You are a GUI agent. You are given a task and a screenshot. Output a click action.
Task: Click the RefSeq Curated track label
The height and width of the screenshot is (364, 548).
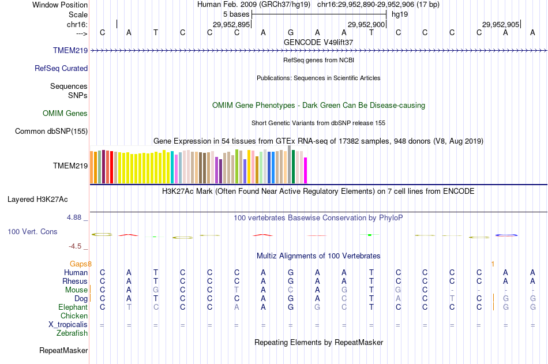pyautogui.click(x=61, y=68)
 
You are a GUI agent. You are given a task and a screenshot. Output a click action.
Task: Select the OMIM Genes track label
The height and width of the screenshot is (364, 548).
pyautogui.click(x=65, y=113)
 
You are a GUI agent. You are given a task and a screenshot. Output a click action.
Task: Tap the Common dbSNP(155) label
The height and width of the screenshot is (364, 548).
pyautogui.click(x=51, y=131)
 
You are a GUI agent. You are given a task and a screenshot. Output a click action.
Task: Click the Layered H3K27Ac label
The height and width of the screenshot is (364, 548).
pyautogui.click(x=37, y=200)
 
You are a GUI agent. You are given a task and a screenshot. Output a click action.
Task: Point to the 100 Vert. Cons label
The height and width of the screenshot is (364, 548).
pyautogui.click(x=32, y=231)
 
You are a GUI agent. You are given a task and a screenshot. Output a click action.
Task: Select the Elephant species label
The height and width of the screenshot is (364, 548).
pyautogui.click(x=73, y=307)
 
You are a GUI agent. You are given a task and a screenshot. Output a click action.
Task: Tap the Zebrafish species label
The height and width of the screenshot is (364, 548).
pyautogui.click(x=72, y=333)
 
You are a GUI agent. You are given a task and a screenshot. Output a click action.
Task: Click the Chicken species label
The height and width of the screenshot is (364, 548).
pyautogui.click(x=74, y=316)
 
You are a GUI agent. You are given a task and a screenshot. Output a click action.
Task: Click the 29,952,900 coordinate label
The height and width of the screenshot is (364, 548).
pyautogui.click(x=366, y=24)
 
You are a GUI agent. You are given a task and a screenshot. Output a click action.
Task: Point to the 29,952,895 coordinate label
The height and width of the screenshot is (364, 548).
pyautogui.click(x=231, y=24)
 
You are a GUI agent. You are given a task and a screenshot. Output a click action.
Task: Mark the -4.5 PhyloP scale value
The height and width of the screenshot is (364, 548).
pyautogui.click(x=77, y=246)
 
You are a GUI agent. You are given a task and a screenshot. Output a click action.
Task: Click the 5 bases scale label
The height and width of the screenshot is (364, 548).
pyautogui.click(x=235, y=14)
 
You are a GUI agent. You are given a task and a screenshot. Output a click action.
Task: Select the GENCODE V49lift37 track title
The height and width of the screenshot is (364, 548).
pyautogui.click(x=318, y=42)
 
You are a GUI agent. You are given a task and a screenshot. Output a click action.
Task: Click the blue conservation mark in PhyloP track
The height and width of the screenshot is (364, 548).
pyautogui.click(x=506, y=235)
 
